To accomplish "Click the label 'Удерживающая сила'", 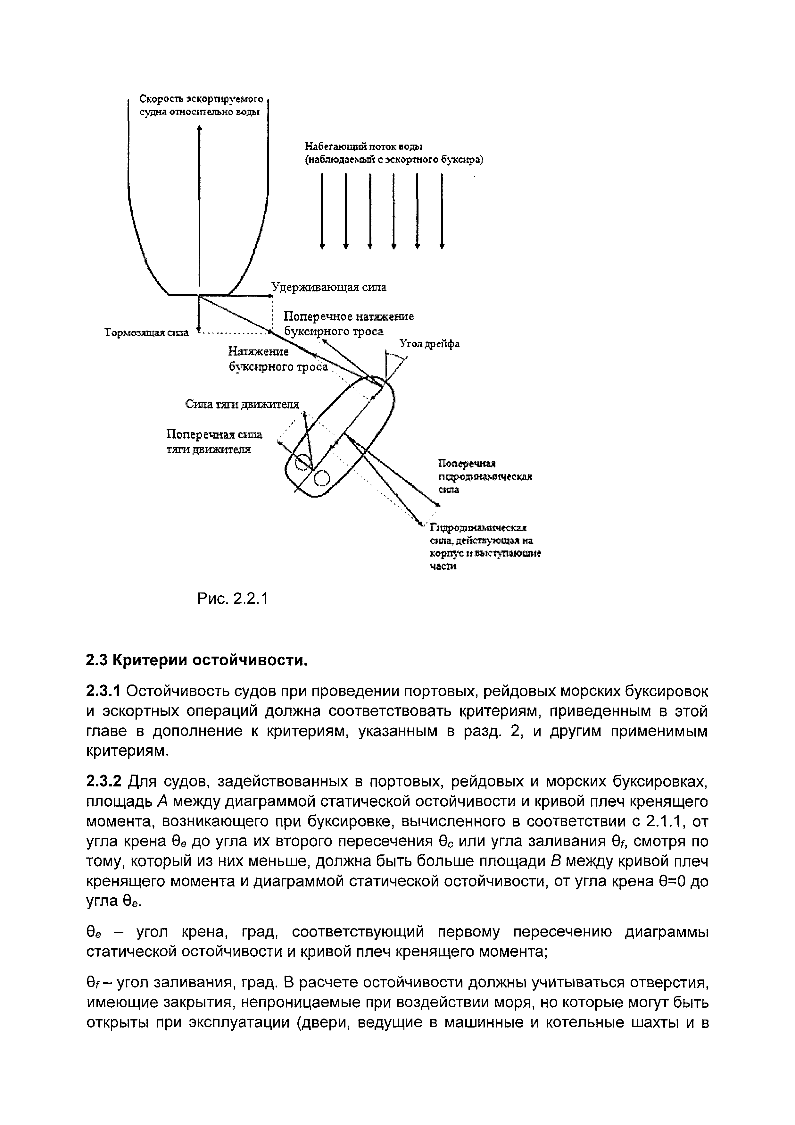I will tap(329, 288).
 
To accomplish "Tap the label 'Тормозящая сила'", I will tap(146, 333).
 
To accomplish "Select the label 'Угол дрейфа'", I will tap(430, 344).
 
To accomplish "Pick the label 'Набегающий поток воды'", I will tap(364, 147).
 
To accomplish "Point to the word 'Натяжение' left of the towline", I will tap(259, 352).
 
